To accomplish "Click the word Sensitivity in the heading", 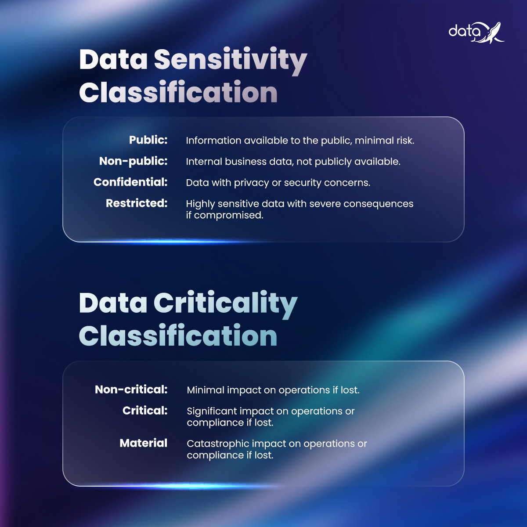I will (x=230, y=60).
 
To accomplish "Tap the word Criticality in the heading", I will (x=225, y=303).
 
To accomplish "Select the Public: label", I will (x=148, y=140).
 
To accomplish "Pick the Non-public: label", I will (x=133, y=161).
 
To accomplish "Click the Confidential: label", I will (x=130, y=182).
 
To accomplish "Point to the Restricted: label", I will (x=137, y=203).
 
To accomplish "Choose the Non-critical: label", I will (x=131, y=390).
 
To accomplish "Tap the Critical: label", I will (x=145, y=411).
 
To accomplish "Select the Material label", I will (x=143, y=443).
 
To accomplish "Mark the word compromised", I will (x=228, y=216).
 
